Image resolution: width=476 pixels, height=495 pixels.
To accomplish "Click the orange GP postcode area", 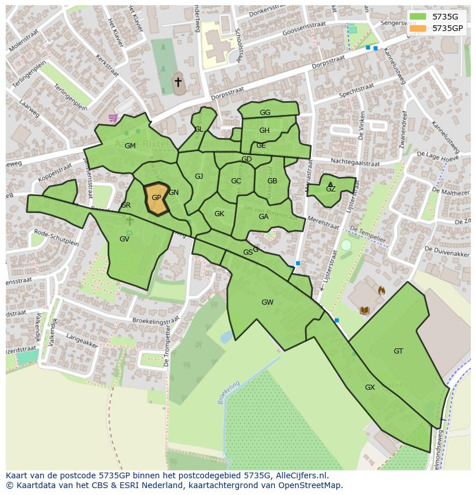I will [x=156, y=198].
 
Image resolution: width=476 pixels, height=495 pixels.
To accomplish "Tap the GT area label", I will [x=398, y=351].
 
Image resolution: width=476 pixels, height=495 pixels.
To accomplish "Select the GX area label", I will [x=370, y=387].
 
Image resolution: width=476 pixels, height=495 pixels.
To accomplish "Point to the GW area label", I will [x=267, y=302].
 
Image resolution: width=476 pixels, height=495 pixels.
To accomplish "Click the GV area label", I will [x=124, y=239].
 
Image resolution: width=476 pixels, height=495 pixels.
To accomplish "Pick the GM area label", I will [x=130, y=146].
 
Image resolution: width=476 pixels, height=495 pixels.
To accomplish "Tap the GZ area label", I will [x=331, y=189].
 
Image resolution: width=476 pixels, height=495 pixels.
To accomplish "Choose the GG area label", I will [x=265, y=113].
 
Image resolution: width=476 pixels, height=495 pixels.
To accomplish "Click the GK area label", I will [x=219, y=214].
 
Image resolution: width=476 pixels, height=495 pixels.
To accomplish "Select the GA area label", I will [x=263, y=217].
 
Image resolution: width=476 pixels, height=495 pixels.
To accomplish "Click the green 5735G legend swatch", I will [x=418, y=17].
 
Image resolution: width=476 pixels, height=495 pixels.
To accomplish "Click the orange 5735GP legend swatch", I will [x=418, y=28].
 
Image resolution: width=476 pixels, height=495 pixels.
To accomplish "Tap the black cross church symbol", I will [x=178, y=82].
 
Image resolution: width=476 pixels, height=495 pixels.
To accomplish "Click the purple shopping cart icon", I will [x=113, y=118].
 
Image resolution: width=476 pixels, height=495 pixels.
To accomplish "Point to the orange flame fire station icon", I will [x=381, y=291].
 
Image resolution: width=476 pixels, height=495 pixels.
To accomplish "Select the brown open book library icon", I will [x=364, y=311].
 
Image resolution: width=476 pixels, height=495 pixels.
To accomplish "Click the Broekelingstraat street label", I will [x=156, y=321].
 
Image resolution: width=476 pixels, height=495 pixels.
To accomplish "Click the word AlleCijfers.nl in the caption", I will [x=301, y=475].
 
